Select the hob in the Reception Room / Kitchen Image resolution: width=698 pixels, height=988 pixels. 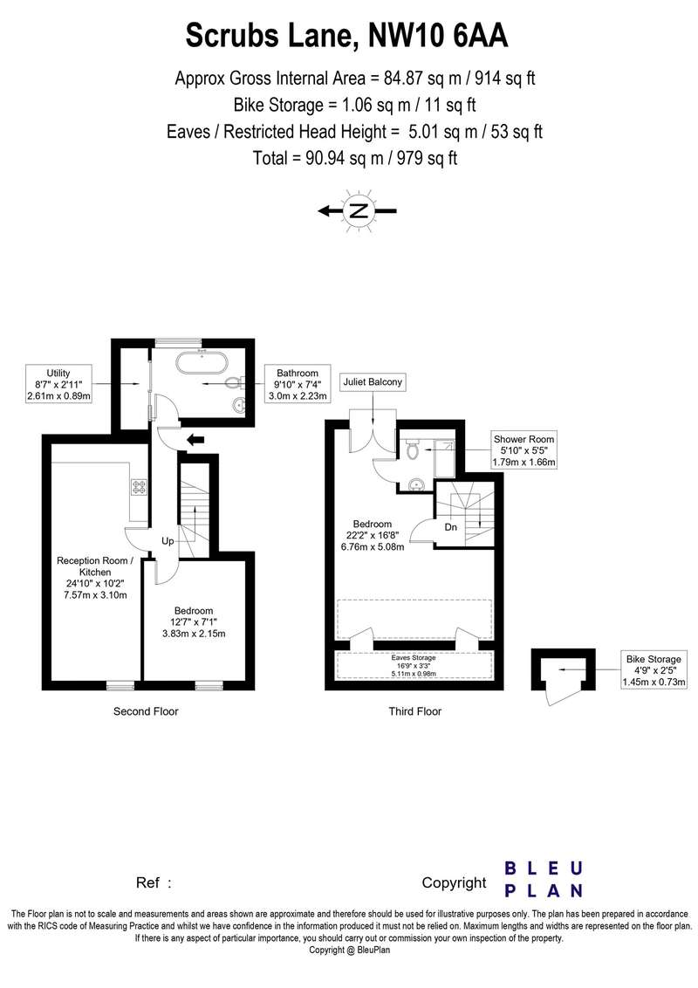[139, 487]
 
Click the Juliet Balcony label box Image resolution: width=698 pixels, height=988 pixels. [373, 381]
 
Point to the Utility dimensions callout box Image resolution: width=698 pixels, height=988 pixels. [58, 384]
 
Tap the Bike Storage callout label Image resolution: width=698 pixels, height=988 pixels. [654, 670]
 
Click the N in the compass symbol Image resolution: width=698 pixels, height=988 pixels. [359, 211]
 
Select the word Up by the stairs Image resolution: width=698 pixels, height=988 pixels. [168, 541]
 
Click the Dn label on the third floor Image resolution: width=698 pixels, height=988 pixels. [450, 527]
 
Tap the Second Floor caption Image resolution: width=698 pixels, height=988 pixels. [146, 711]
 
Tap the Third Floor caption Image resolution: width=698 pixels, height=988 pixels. [414, 711]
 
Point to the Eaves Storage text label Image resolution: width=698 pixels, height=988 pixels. [414, 658]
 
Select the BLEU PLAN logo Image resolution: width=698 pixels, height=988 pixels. [544, 880]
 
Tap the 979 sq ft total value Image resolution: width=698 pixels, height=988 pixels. [427, 157]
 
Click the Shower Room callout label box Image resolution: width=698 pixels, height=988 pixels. [524, 450]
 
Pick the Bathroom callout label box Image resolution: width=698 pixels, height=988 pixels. [298, 384]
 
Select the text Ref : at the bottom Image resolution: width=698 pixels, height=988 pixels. [154, 882]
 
